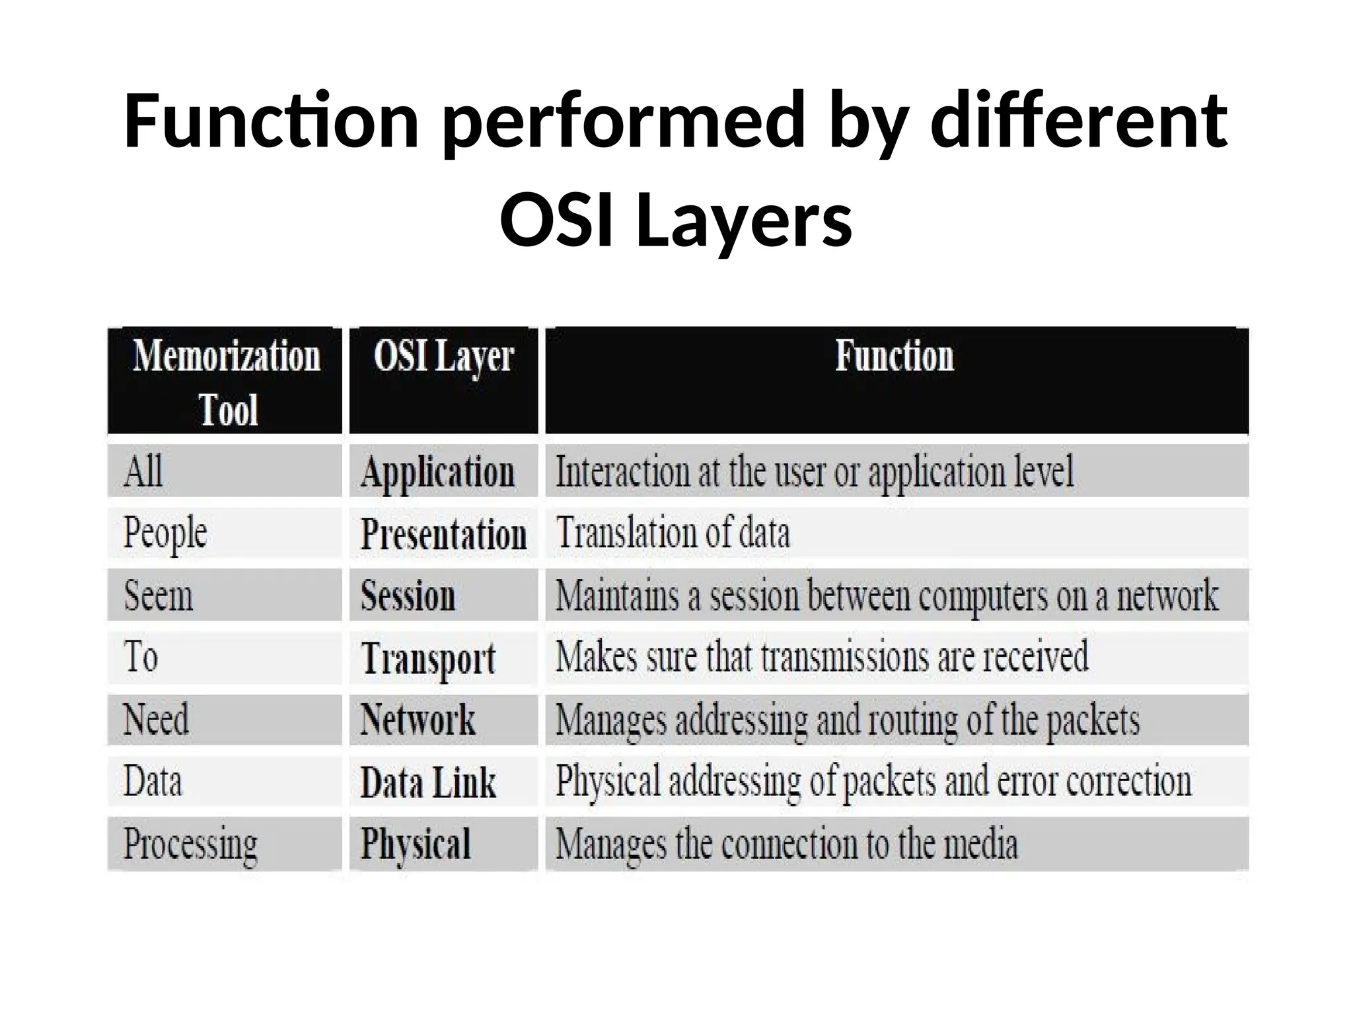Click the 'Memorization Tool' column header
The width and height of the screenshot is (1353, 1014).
coord(226,382)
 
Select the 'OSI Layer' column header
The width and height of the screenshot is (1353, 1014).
coord(443,357)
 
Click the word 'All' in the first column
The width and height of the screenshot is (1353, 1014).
coord(143,471)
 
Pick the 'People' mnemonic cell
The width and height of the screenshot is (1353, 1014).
coord(165,533)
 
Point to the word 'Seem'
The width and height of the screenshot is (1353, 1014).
coord(159,595)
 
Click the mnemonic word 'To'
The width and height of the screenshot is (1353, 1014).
coord(141,657)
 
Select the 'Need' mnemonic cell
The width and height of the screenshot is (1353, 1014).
coord(156,719)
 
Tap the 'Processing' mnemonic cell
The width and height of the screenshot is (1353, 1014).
coord(190,844)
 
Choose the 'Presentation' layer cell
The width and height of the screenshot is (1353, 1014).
coord(443,534)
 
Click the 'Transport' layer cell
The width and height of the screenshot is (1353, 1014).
coord(428,659)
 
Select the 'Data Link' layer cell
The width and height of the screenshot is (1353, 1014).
coord(428,782)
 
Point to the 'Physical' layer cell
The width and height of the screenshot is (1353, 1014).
coord(416,844)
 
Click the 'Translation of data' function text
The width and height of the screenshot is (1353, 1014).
coord(673,533)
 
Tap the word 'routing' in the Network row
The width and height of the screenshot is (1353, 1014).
coord(912,720)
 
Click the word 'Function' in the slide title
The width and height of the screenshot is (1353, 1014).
coord(271,121)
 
